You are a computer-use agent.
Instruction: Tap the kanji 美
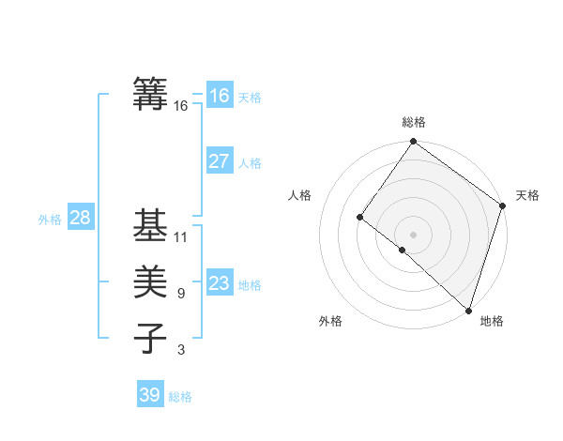pyautogui.click(x=151, y=282)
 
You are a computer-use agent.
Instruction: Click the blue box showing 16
pyautogui.click(x=219, y=96)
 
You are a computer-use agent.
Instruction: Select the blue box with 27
pyautogui.click(x=219, y=161)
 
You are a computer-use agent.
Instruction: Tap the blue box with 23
pyautogui.click(x=219, y=283)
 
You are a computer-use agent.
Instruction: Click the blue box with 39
pyautogui.click(x=149, y=395)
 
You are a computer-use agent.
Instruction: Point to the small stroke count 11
pyautogui.click(x=181, y=236)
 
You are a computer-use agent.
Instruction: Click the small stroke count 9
pyautogui.click(x=180, y=294)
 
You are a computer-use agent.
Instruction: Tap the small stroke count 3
pyautogui.click(x=180, y=350)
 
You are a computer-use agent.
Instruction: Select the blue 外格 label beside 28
pyautogui.click(x=50, y=220)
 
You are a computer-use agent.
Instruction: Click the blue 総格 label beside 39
pyautogui.click(x=180, y=397)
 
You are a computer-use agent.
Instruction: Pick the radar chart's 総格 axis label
pyautogui.click(x=413, y=122)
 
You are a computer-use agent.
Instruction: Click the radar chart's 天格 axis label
pyautogui.click(x=527, y=195)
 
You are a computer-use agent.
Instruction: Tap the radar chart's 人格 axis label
pyautogui.click(x=299, y=195)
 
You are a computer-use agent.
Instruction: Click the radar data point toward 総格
pyautogui.click(x=413, y=143)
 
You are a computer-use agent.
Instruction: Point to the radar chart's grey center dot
pyautogui.click(x=413, y=234)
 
